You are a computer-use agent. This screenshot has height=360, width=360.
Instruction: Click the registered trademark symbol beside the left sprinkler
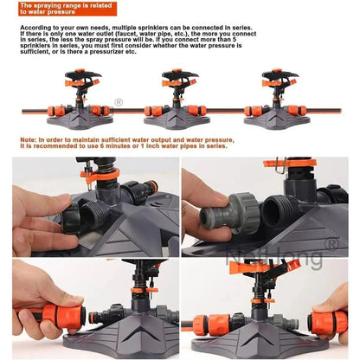pos(119,100)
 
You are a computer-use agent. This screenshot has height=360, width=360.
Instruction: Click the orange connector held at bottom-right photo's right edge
pos(327,319)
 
